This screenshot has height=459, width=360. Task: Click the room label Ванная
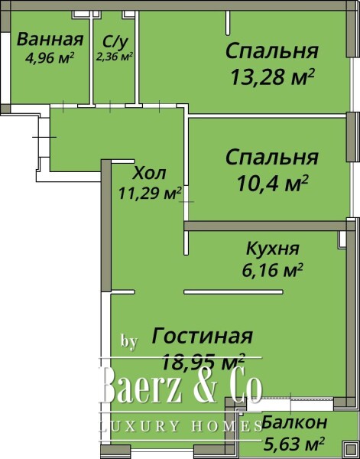(50, 40)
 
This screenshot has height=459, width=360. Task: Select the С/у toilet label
(114, 41)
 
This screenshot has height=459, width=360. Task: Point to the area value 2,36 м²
(115, 55)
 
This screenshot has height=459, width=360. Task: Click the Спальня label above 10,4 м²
(272, 158)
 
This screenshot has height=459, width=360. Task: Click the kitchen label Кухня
(273, 249)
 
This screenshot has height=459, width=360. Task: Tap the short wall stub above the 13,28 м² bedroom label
(228, 22)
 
